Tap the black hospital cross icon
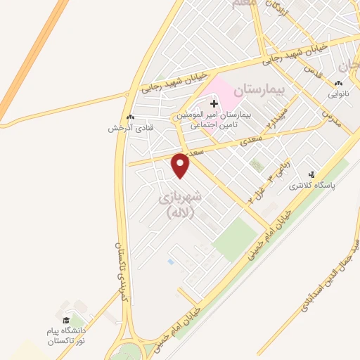click(x=214, y=104)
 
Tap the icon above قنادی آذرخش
click(x=129, y=117)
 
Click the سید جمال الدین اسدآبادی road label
click(x=335, y=274)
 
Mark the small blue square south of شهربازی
click(x=171, y=262)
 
